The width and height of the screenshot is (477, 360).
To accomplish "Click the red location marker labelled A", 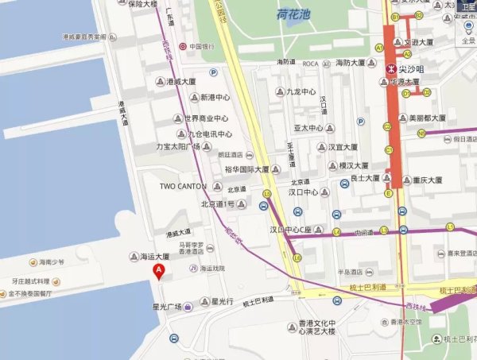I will point(159,271).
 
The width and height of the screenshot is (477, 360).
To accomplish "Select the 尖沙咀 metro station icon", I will point(390,69).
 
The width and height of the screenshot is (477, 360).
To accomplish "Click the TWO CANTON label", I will point(183,186).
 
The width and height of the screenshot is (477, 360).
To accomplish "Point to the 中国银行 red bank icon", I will point(184,46).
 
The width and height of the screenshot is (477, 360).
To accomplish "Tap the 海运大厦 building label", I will point(155,257).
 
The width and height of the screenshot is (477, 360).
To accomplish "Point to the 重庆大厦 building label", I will point(433,180).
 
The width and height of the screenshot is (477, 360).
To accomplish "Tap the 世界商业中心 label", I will point(207,118).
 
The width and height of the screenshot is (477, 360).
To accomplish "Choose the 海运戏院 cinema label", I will point(212,269).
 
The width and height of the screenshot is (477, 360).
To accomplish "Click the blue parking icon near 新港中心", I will point(213,72).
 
